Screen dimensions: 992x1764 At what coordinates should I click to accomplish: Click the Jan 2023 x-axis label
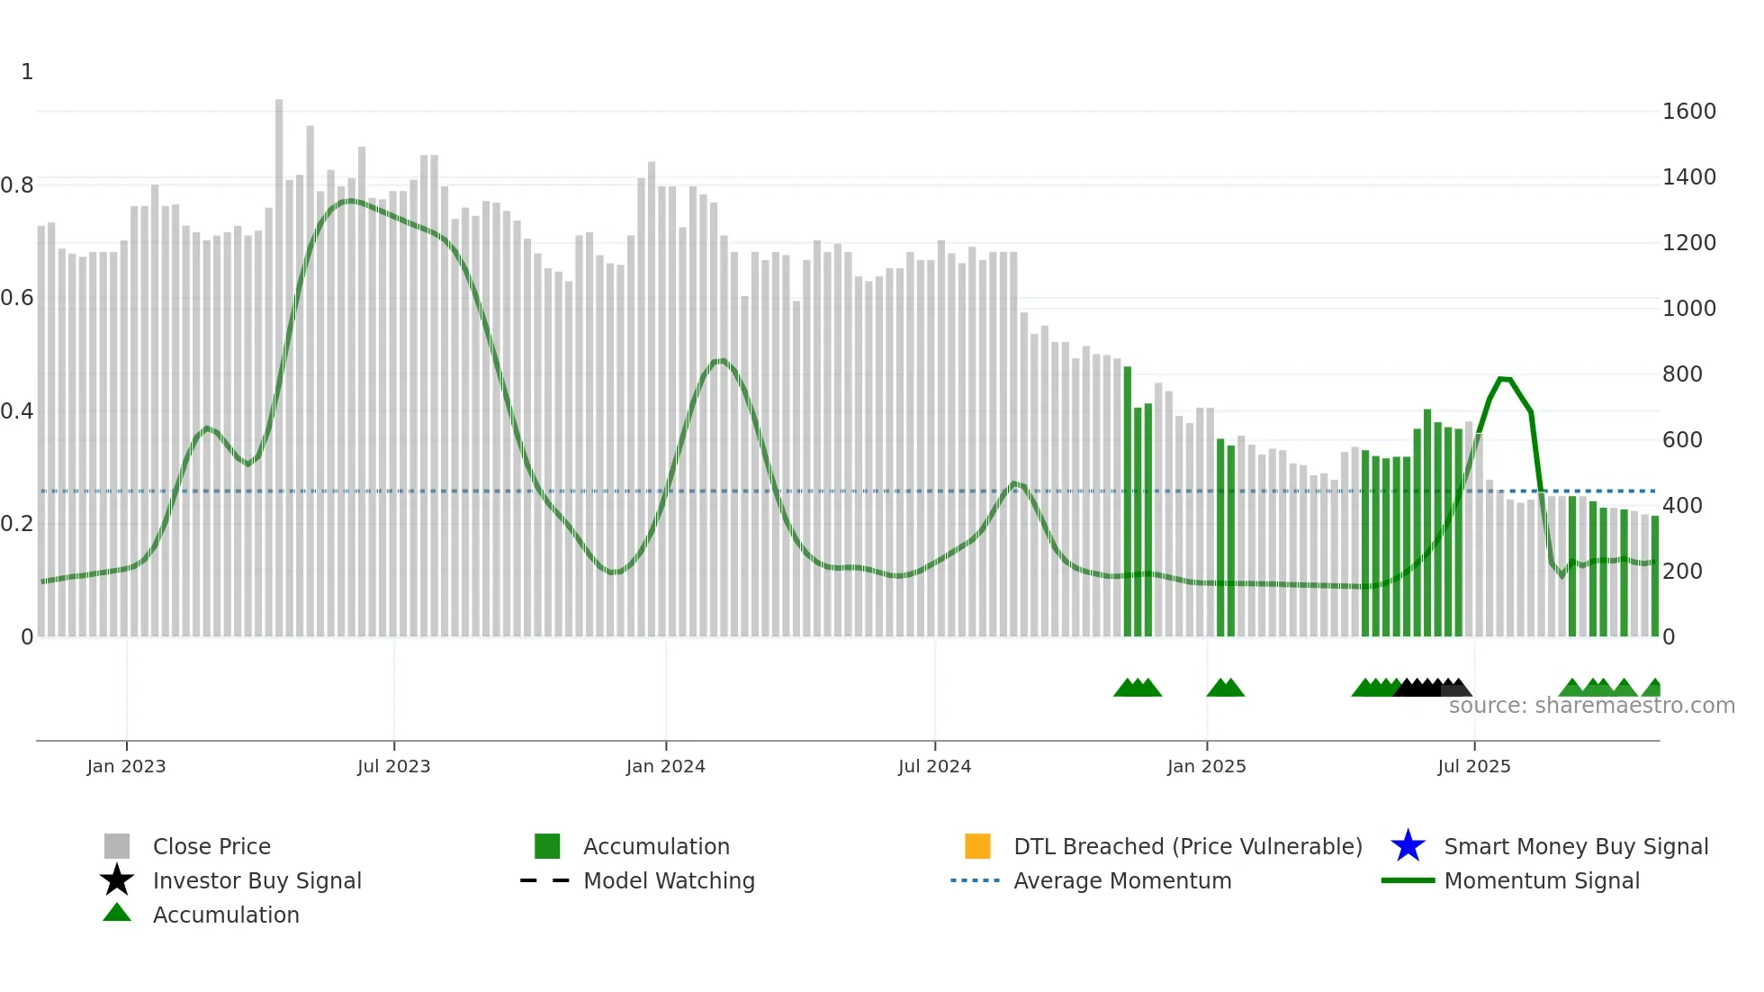coord(126,766)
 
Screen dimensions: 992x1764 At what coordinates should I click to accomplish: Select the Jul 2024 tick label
coord(934,766)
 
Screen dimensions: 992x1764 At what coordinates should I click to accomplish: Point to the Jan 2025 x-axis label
coord(1206,766)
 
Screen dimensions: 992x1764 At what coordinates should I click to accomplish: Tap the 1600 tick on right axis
coord(1688,112)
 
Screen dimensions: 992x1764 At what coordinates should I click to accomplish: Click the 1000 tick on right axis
coord(1688,309)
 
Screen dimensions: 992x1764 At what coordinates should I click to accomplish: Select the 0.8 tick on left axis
coord(17,185)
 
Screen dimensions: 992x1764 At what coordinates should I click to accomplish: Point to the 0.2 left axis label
coord(17,524)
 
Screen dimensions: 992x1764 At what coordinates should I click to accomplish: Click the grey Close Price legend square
coord(117,846)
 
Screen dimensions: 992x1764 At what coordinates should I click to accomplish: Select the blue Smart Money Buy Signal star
coord(1408,846)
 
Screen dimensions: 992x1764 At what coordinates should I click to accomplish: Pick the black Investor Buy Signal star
coord(117,880)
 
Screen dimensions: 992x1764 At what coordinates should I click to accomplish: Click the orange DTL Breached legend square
coord(977,846)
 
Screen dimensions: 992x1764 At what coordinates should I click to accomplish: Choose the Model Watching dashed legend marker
coord(545,880)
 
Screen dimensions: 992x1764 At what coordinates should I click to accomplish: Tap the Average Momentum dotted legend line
coord(976,880)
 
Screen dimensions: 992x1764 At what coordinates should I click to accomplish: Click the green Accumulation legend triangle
coord(117,914)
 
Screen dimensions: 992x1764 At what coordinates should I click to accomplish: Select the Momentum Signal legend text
coord(1542,880)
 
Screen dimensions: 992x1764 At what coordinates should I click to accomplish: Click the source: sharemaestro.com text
coord(1591,706)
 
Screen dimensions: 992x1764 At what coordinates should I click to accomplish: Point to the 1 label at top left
coord(27,72)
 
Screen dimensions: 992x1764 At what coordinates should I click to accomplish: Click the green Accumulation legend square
coord(547,846)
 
